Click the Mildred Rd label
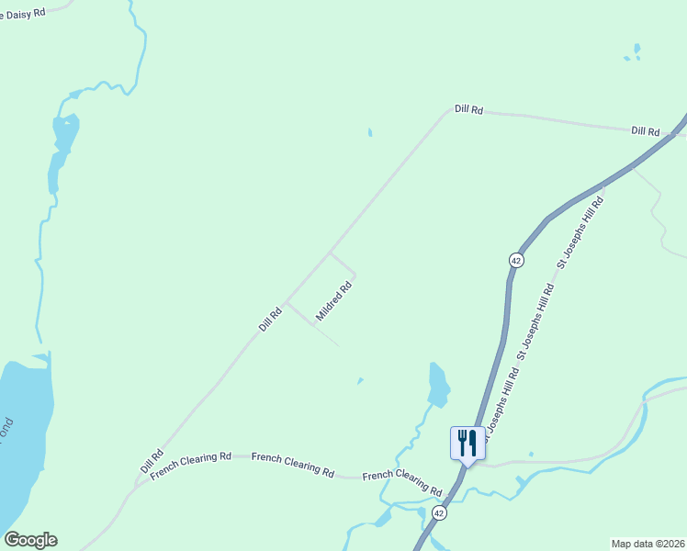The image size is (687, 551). coord(334,301)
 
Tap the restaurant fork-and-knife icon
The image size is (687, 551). coord(467,444)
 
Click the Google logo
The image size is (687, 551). coord(30,540)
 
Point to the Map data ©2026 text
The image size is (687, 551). coord(648,544)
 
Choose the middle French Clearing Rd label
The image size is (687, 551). coord(292,463)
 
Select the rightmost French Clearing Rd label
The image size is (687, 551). coord(402,480)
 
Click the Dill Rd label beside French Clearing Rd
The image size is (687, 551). coord(152,461)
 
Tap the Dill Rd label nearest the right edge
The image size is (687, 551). coord(646,131)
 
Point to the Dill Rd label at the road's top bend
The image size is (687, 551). coord(468,109)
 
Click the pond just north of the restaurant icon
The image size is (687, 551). coord(439,384)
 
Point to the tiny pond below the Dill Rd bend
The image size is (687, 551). coord(370,132)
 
